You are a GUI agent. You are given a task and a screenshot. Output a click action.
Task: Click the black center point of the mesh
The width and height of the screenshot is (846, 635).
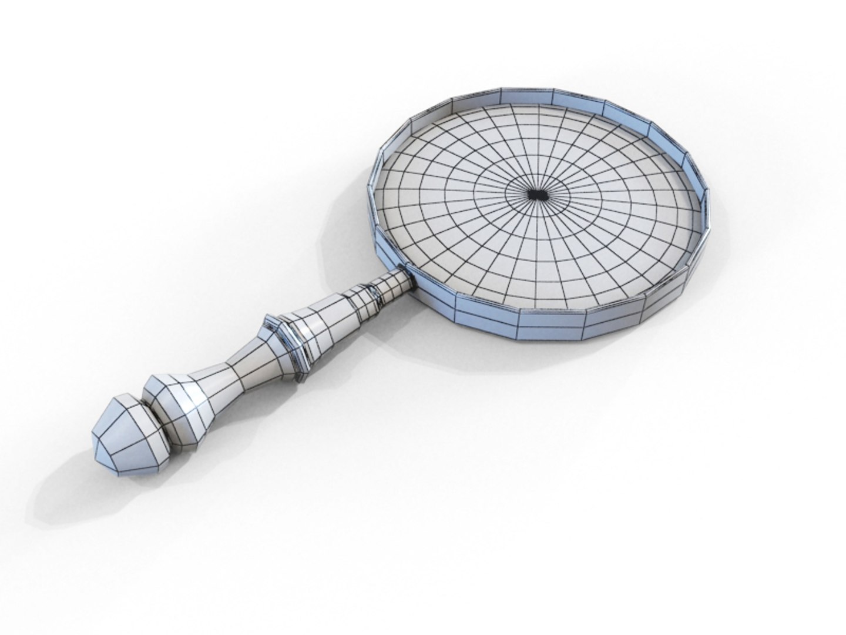(536, 195)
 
